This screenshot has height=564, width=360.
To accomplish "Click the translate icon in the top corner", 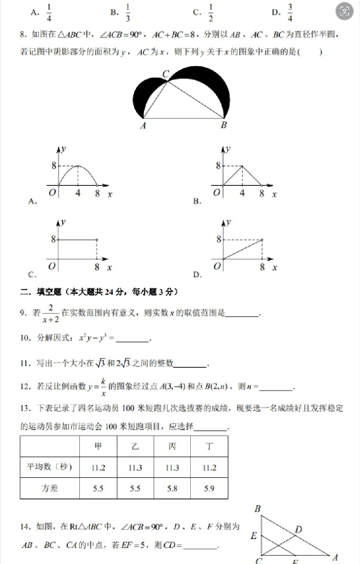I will tap(344, 11).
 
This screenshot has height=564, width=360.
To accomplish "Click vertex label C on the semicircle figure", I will tap(166, 74).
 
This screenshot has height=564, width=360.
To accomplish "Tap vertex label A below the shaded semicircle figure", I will tap(143, 125).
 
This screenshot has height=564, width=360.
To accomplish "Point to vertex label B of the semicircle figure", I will tap(224, 125).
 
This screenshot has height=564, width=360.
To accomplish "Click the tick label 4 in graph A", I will tap(78, 193).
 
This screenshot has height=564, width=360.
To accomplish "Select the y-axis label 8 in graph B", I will tap(218, 166).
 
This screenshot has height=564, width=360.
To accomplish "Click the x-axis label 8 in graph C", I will tap(97, 267).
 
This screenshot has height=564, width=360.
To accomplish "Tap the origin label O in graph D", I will tap(217, 266).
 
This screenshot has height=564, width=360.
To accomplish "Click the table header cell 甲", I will tap(98, 446).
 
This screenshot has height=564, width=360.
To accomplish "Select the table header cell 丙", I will tap(172, 446).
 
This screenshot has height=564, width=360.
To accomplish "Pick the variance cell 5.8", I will tap(172, 488).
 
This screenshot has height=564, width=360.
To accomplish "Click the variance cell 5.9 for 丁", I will tap(209, 488).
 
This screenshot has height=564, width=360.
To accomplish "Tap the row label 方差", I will tap(49, 488).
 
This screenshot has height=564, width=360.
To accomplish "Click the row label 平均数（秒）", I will tap(49, 467).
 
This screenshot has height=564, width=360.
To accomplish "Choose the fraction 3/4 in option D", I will tap(290, 13).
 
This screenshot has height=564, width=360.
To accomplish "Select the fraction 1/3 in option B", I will tap(128, 13).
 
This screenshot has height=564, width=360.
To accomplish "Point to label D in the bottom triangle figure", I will tap(299, 529).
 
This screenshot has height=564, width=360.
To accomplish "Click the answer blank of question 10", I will tap(132, 339).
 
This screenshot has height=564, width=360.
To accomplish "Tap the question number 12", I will tap(25, 386).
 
